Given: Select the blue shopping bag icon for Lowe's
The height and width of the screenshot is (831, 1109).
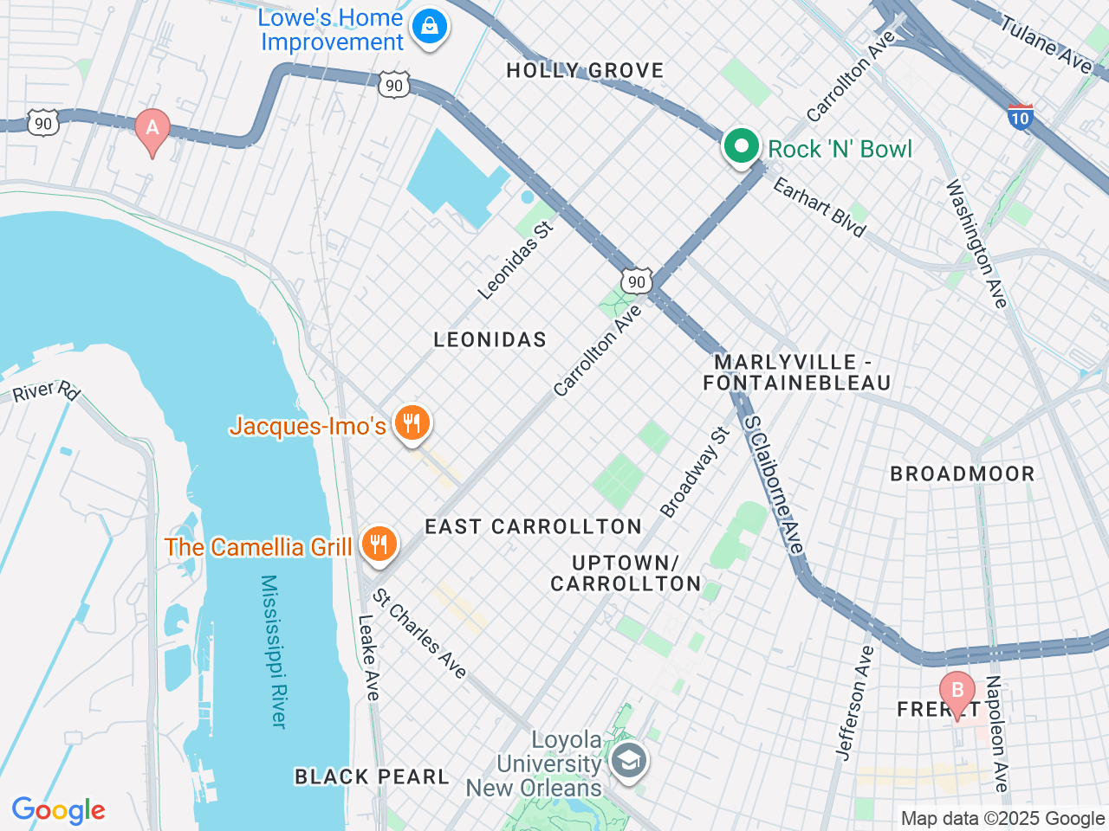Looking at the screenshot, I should (x=429, y=28).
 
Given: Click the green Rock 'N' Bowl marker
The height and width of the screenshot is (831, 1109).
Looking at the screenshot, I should (x=741, y=147).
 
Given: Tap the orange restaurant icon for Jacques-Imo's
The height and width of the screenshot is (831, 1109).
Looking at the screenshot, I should (x=412, y=424).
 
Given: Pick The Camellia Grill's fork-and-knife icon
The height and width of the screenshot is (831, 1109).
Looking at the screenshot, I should (x=379, y=545).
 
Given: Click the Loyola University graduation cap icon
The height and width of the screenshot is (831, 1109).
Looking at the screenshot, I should (x=627, y=762).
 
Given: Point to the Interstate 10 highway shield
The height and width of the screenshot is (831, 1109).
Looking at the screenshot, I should (x=1021, y=116).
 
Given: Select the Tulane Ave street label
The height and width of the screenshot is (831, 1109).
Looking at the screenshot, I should (x=1047, y=43).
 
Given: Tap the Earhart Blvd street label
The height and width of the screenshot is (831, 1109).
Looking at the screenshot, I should (x=820, y=207).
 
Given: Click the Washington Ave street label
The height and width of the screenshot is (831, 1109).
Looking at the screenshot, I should (x=976, y=243).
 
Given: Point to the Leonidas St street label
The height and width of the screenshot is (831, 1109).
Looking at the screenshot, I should (x=515, y=261).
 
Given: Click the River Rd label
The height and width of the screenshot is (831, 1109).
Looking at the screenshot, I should (x=46, y=391).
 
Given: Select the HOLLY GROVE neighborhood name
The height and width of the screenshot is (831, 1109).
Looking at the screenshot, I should (x=585, y=71).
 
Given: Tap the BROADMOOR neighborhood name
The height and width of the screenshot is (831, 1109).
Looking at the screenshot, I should (x=963, y=473).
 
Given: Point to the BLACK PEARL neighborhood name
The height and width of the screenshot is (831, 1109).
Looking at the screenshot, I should (x=372, y=776).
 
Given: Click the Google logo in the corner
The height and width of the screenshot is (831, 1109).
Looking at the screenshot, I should (x=59, y=810).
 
